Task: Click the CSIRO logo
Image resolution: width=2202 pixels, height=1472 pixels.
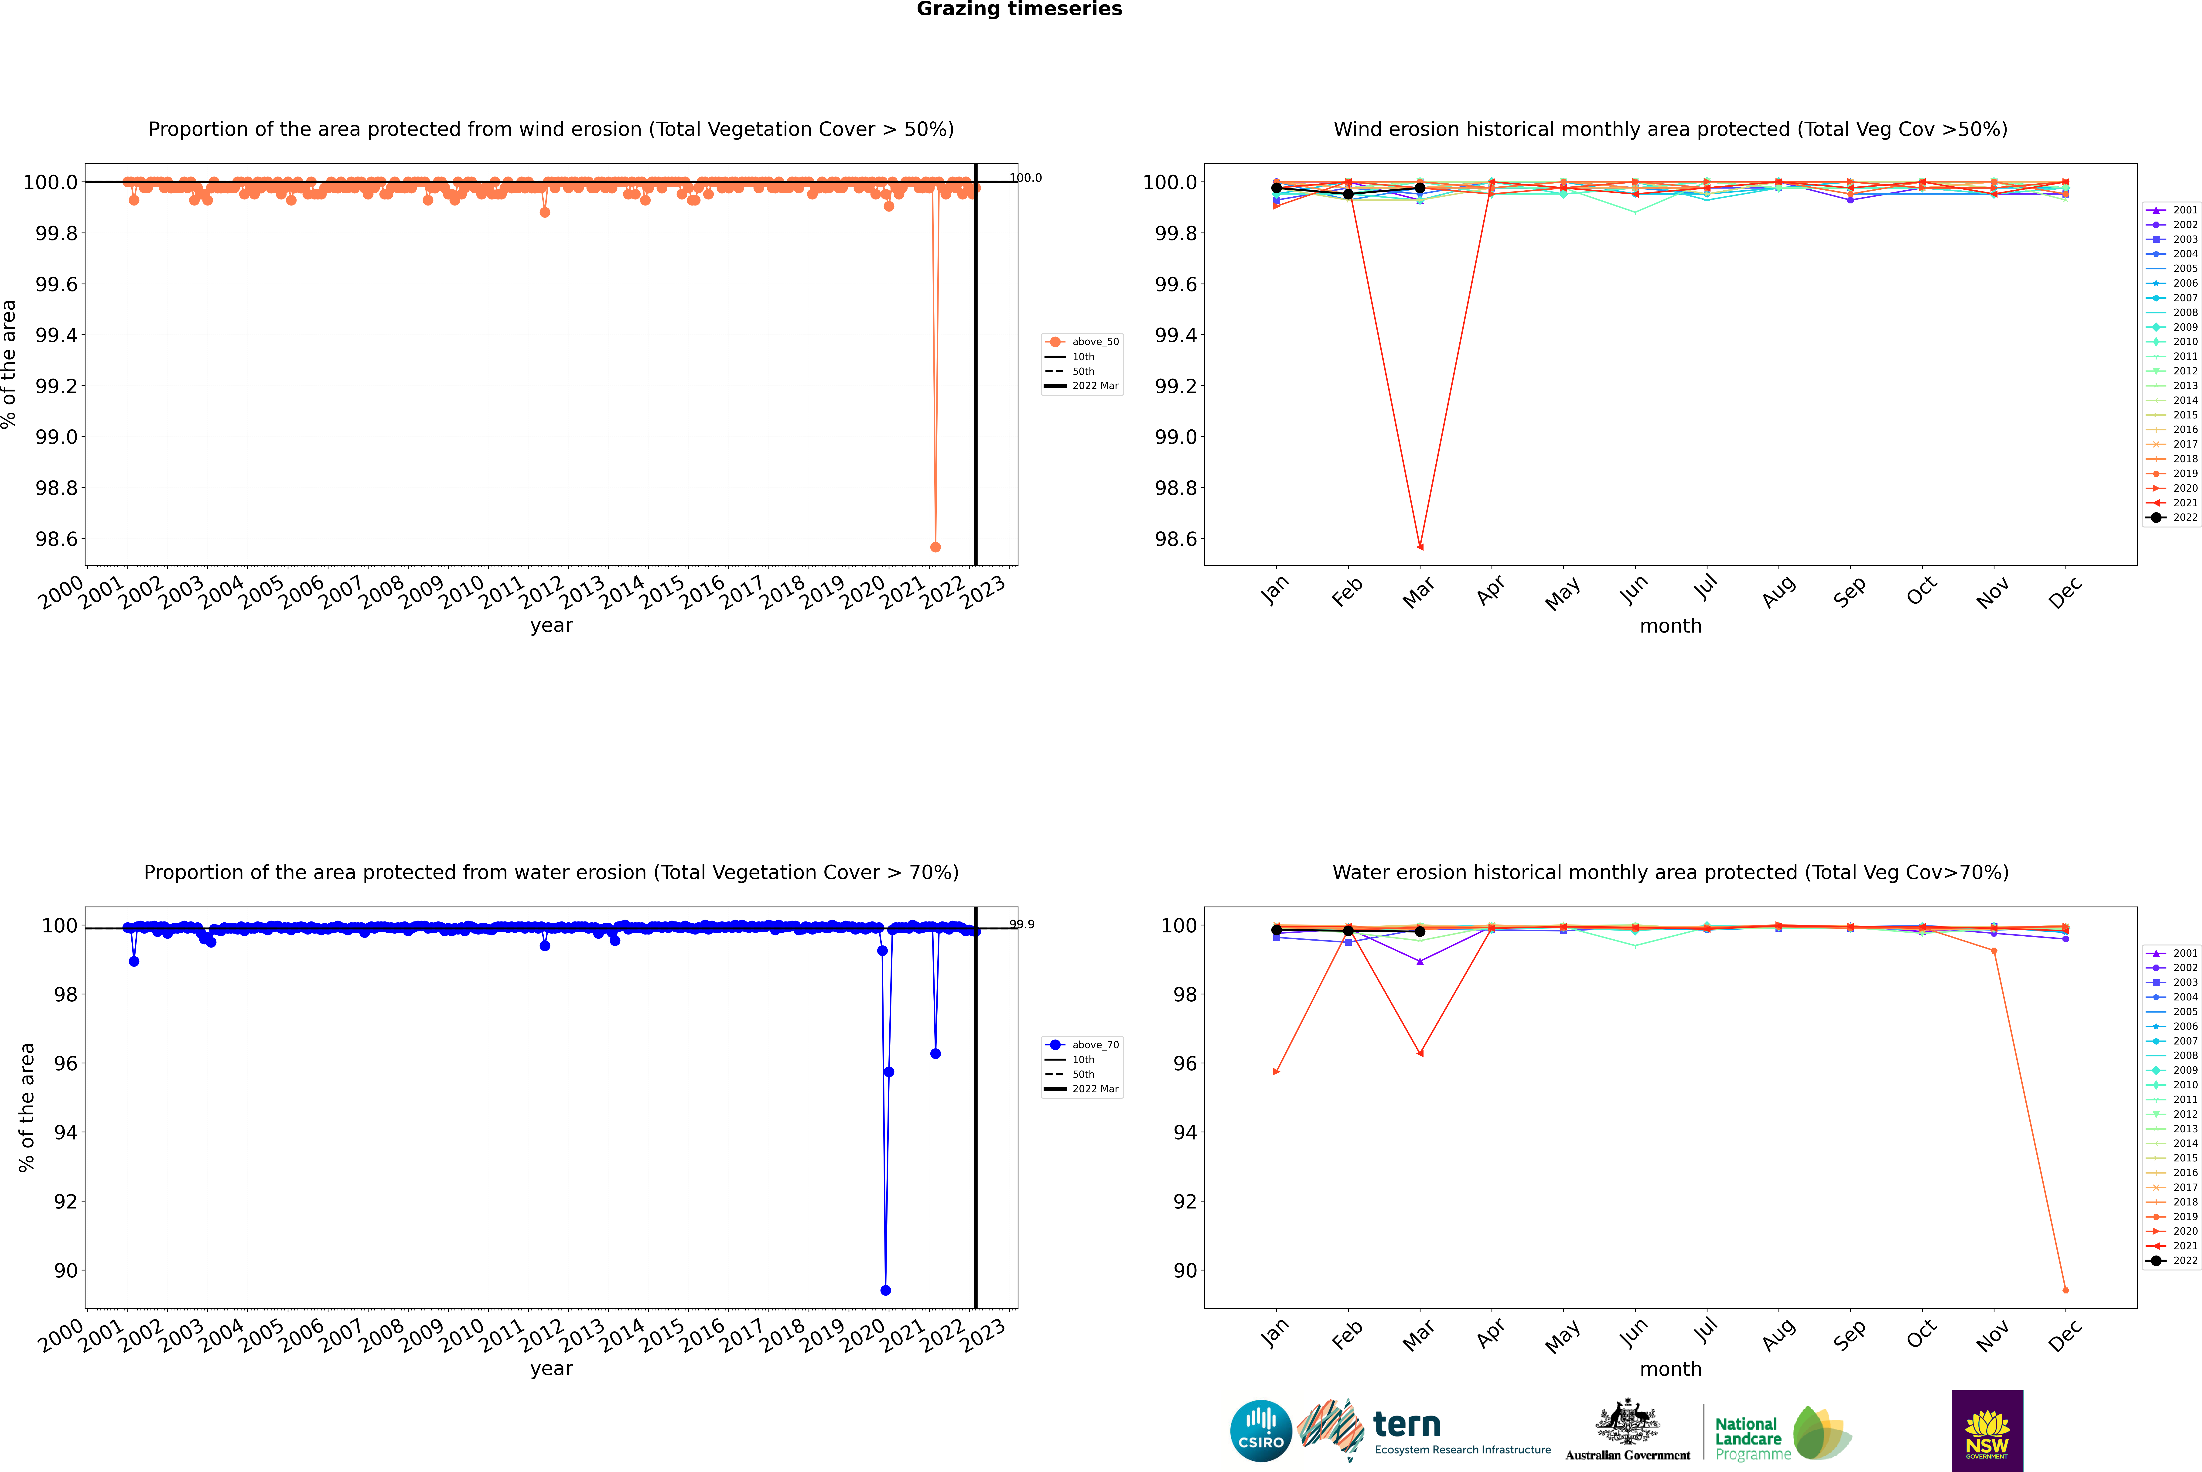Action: [x=1261, y=1431]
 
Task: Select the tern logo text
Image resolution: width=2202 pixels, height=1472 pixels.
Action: [x=1406, y=1425]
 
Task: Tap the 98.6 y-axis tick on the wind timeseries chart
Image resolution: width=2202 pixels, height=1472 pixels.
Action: [x=56, y=539]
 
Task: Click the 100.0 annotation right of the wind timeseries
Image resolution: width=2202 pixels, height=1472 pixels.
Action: [x=1025, y=178]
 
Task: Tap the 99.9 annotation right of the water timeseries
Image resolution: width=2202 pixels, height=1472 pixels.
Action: [x=1022, y=925]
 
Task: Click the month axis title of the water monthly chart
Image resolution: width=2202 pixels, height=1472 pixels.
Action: [x=1670, y=1369]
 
